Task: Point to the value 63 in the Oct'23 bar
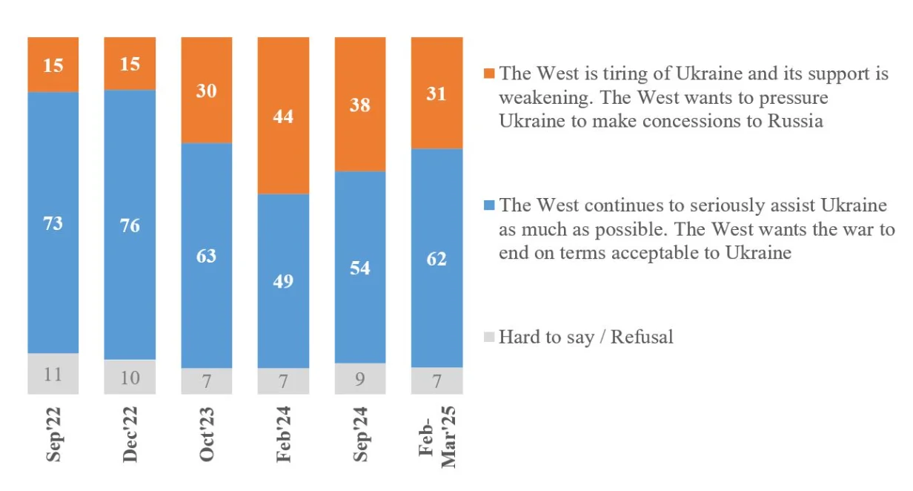pos(207,256)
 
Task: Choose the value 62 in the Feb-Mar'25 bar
pos(437,260)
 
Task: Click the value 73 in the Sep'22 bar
pos(53,223)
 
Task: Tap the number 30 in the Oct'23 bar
pos(207,92)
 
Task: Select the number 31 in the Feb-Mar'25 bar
pos(437,94)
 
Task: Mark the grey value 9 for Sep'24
pos(360,380)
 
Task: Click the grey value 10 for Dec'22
pos(130,378)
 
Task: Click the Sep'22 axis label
pos(53,434)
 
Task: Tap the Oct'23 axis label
pos(207,434)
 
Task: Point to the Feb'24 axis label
pos(283,434)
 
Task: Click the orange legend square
pos(488,73)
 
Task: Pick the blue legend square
pos(488,205)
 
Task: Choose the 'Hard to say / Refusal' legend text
pos(585,337)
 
